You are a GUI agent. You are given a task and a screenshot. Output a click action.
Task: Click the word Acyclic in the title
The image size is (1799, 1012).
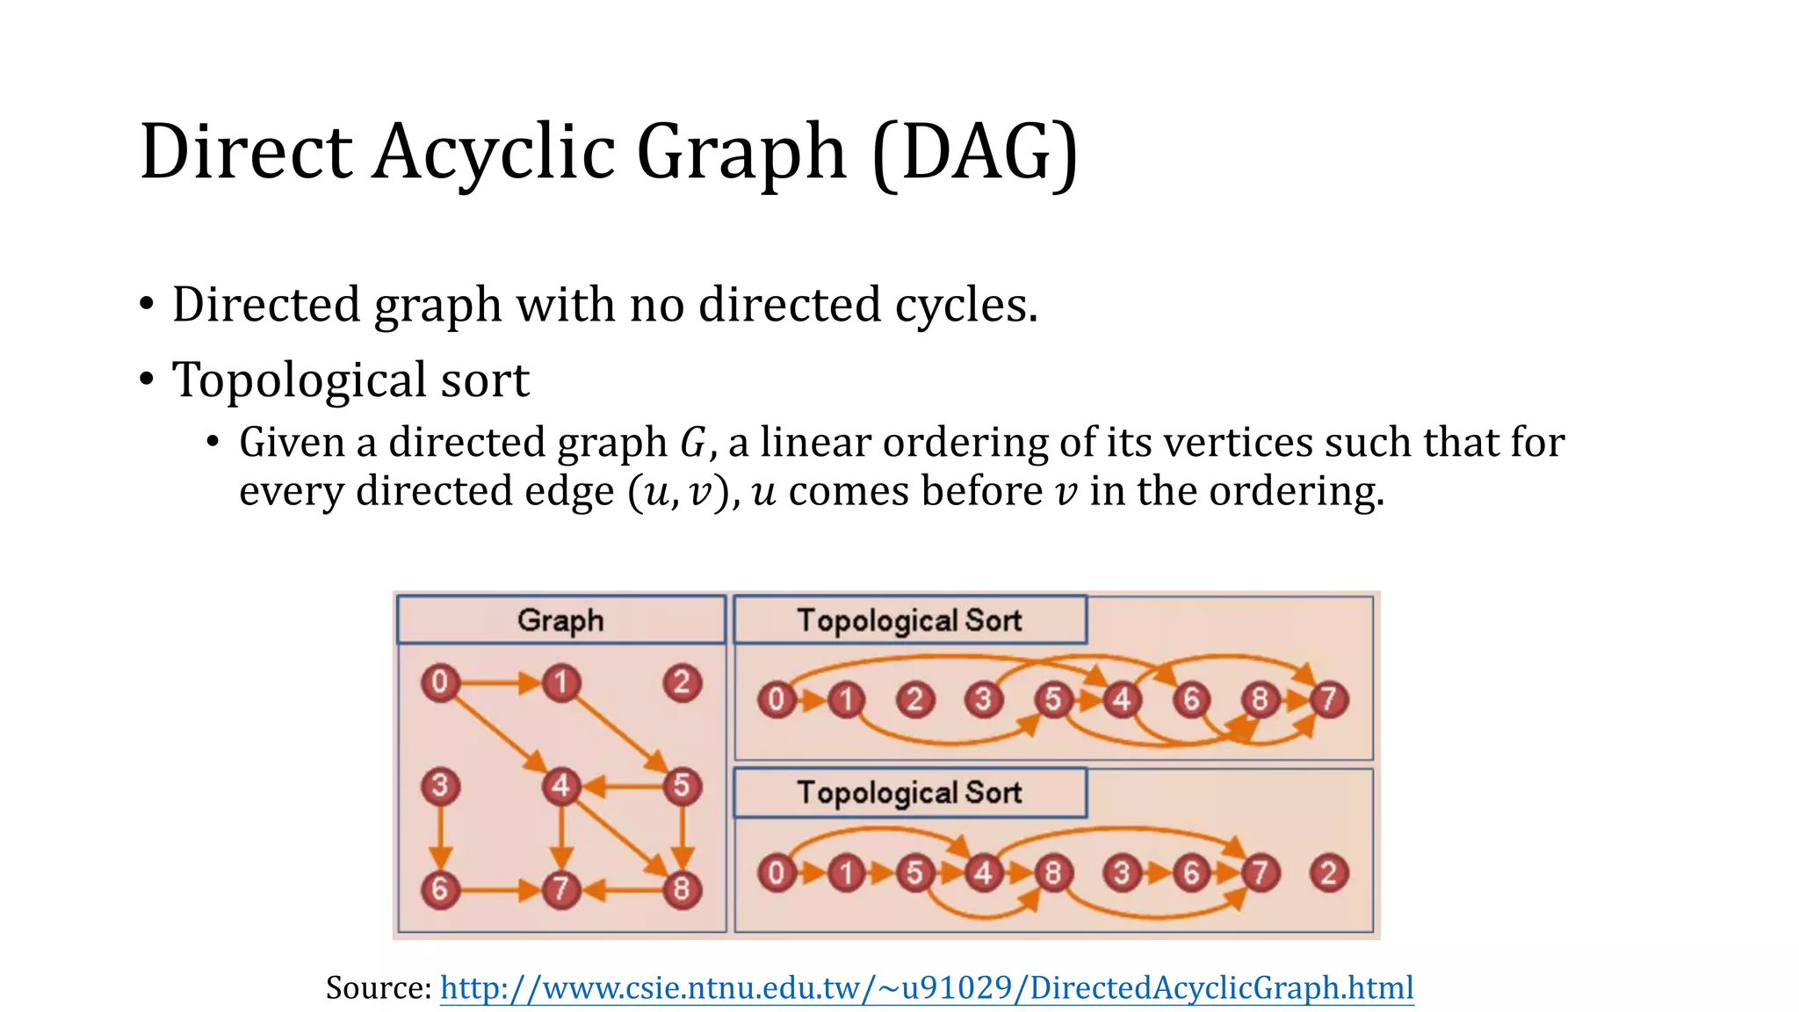493,151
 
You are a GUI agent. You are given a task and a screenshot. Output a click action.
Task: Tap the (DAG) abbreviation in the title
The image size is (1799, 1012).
975,151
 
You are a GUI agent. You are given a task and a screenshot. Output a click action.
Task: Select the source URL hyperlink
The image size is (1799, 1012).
927,987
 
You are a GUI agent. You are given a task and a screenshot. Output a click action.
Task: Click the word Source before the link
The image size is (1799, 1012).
376,987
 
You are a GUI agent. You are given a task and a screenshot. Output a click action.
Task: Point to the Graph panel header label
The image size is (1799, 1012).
560,620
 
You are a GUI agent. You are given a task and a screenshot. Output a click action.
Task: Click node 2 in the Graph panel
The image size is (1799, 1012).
682,683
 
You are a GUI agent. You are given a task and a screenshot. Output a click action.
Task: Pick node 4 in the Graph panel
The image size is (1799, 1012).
560,785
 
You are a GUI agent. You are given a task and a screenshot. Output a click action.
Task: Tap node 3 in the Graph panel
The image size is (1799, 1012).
440,785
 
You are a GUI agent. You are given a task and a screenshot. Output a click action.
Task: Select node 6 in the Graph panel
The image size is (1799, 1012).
440,889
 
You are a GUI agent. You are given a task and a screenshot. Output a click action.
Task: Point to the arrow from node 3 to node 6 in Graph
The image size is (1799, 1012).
440,836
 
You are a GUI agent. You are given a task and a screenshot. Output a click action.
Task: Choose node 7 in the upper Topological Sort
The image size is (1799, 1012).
1328,700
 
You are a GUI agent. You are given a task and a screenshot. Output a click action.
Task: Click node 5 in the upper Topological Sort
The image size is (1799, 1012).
1052,700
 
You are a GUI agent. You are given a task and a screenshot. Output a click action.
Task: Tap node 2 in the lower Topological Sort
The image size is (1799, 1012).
1328,873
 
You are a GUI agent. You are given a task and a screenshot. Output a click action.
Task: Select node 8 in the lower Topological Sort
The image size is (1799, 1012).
1052,873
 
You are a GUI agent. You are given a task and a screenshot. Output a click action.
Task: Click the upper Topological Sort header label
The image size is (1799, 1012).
909,620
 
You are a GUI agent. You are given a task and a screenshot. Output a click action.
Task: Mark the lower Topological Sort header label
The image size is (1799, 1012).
909,792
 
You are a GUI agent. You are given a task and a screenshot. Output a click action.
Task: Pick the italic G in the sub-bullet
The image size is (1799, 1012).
692,442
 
